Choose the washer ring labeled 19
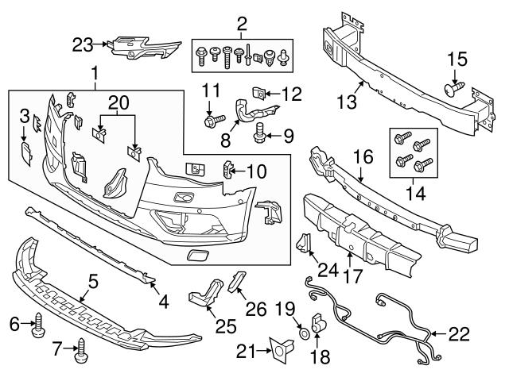coord(305,326)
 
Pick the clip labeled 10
coord(228,169)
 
